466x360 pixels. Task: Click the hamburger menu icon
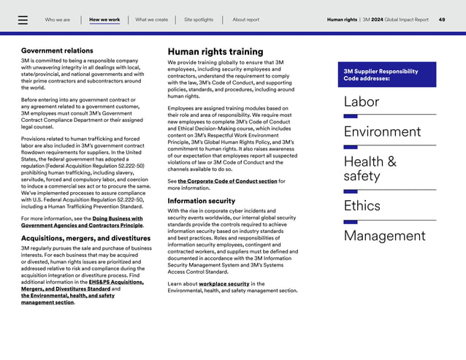pos(23,20)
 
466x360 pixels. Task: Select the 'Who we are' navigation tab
pos(58,20)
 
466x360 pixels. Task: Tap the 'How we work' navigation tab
pos(104,20)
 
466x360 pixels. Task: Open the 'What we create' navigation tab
pos(151,20)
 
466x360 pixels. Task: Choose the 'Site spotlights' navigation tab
pos(199,20)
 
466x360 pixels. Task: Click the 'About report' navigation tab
pos(245,20)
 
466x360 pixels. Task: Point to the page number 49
pos(442,20)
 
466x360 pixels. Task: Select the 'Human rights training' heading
pos(215,52)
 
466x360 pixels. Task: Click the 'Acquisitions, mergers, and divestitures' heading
pos(86,238)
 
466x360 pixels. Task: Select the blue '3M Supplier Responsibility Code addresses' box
pos(386,74)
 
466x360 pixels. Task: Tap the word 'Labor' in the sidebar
pos(362,102)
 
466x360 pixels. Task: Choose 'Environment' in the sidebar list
pos(382,132)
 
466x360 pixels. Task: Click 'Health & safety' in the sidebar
pos(370,169)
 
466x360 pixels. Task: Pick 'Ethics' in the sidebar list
pos(362,206)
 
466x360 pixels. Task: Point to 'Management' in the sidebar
pos(384,236)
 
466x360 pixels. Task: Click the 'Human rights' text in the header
pos(342,20)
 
